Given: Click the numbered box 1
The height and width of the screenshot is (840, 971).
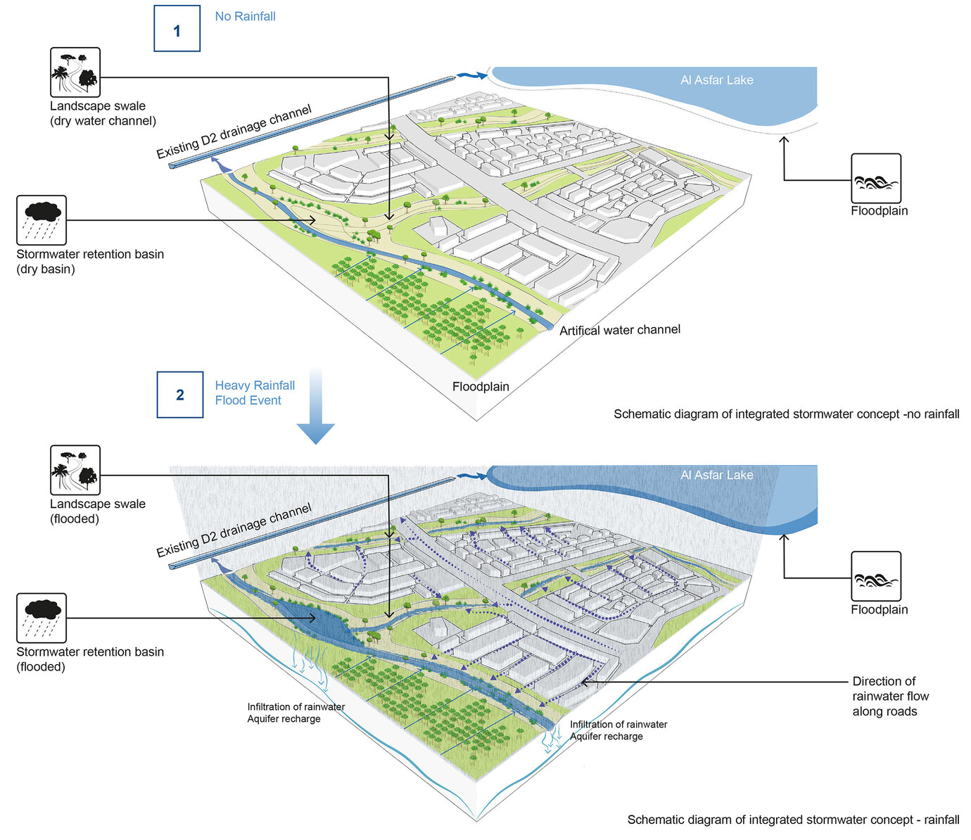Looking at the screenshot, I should click(177, 30).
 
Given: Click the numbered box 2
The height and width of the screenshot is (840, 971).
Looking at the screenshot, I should click(179, 395).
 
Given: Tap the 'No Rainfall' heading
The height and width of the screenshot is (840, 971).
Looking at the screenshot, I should click(245, 16).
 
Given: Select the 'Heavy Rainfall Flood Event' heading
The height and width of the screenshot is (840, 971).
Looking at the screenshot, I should click(254, 393).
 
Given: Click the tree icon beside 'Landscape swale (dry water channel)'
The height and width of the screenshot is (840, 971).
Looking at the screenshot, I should click(75, 72).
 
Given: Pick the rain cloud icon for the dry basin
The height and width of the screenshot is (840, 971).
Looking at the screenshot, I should click(42, 220).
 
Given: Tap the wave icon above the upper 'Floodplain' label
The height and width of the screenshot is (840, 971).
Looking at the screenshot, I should click(876, 179).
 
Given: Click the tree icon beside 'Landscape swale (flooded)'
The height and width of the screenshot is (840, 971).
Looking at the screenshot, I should click(75, 470).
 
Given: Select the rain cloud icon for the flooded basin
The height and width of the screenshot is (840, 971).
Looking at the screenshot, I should click(42, 618).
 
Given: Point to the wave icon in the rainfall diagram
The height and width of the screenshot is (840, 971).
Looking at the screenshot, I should click(876, 577).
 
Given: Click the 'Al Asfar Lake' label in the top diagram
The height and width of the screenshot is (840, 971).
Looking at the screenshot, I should click(716, 80).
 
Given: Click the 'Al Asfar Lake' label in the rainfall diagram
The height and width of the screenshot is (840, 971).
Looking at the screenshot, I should click(716, 476).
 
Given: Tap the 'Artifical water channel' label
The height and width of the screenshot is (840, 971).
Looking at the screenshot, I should click(619, 330).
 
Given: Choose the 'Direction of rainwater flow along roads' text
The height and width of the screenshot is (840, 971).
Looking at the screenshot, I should click(890, 696).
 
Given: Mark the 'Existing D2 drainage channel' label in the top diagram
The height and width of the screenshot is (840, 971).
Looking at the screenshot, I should click(234, 132).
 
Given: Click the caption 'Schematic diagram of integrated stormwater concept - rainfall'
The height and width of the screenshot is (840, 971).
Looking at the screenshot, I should click(793, 820).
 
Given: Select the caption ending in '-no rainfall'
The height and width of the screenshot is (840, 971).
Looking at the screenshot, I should click(786, 414).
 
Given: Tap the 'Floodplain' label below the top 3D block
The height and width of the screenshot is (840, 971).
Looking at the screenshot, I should click(481, 386).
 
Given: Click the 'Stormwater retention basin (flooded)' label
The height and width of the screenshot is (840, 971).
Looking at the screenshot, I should click(90, 659).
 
